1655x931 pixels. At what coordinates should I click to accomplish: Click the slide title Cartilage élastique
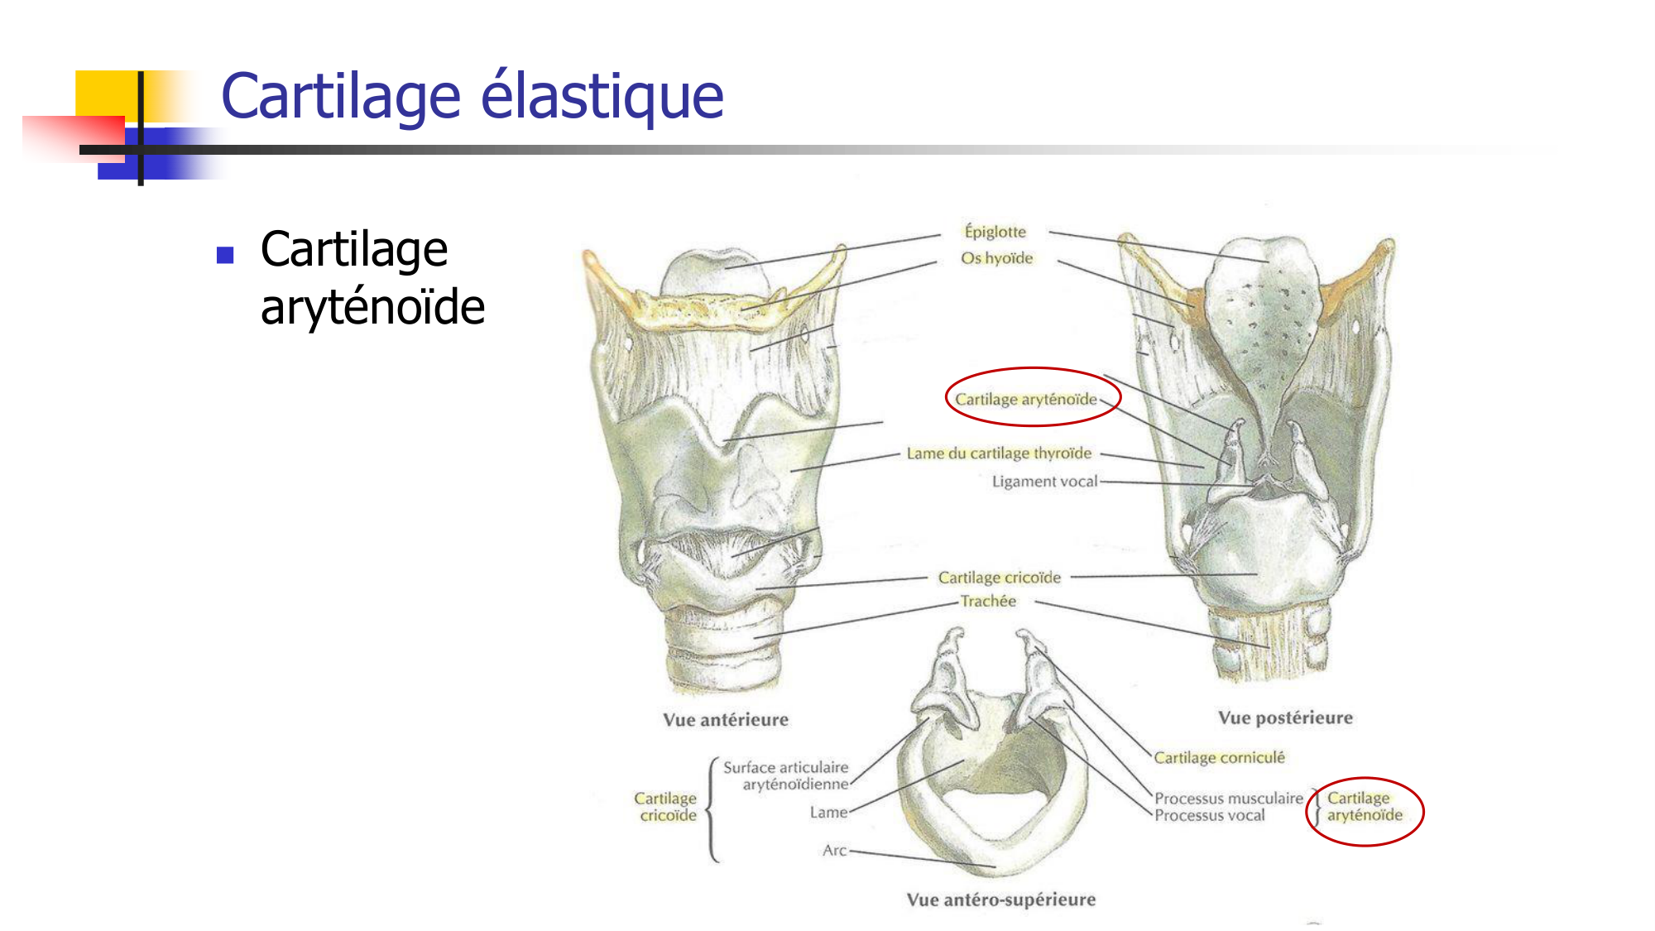pos(472,97)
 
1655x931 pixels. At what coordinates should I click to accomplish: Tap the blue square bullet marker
pos(225,255)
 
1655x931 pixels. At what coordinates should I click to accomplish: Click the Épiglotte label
pos(995,232)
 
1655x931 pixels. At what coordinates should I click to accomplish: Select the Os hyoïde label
pos(996,258)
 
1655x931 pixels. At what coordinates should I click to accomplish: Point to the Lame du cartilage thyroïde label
pos(999,454)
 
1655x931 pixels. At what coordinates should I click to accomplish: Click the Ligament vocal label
pos(1044,482)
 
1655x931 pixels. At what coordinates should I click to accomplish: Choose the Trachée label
pos(988,601)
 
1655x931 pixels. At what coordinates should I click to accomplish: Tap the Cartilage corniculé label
pos(1219,757)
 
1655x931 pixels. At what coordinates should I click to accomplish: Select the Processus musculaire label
pos(1228,799)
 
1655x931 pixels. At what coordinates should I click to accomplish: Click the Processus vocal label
pos(1209,816)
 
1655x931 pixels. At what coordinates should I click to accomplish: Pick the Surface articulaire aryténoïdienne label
pos(786,775)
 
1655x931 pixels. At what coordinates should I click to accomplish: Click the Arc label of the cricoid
pos(834,850)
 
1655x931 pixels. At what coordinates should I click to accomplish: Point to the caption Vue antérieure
pos(726,720)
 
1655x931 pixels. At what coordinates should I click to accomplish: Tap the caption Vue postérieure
pos(1285,717)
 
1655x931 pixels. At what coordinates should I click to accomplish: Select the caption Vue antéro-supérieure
pos(1000,900)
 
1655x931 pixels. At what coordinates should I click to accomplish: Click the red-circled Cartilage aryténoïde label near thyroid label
pos(1026,399)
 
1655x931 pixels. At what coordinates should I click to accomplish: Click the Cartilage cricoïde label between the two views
pos(999,578)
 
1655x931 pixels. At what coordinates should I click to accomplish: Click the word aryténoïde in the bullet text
pos(372,308)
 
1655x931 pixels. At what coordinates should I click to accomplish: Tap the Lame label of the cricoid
pos(828,813)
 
